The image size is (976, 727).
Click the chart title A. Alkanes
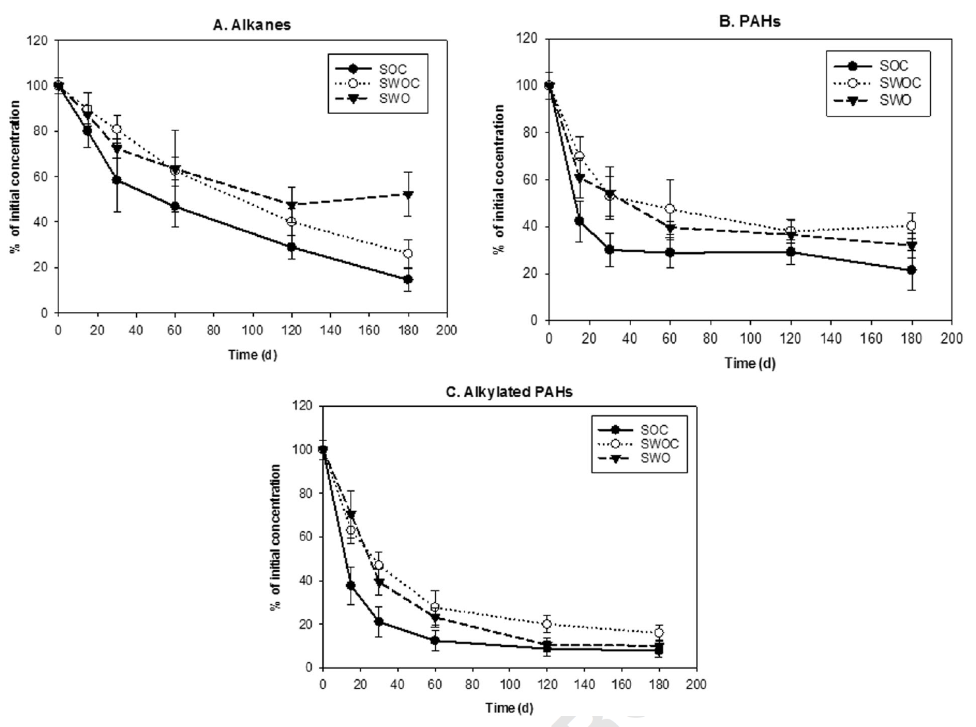coord(252,25)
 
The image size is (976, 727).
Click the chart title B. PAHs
coord(749,22)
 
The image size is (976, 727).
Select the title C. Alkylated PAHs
coord(509,392)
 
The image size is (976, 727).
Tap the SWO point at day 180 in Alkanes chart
coord(408,194)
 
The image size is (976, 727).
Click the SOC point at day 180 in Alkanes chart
coord(408,279)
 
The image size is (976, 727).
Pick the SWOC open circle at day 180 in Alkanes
coord(408,253)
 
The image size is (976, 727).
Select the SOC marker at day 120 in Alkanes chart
coord(291,247)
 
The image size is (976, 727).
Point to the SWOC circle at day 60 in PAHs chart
coord(669,209)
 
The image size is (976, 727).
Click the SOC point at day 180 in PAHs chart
coord(912,270)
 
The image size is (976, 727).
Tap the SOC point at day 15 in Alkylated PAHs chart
coord(351,585)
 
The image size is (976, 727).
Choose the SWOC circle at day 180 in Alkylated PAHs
coord(659,633)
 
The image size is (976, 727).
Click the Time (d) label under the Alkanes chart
coord(253,355)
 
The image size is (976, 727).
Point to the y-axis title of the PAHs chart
coord(499,180)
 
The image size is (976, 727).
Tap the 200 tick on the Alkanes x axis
coord(447,330)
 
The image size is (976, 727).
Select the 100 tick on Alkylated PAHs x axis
coord(510,685)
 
